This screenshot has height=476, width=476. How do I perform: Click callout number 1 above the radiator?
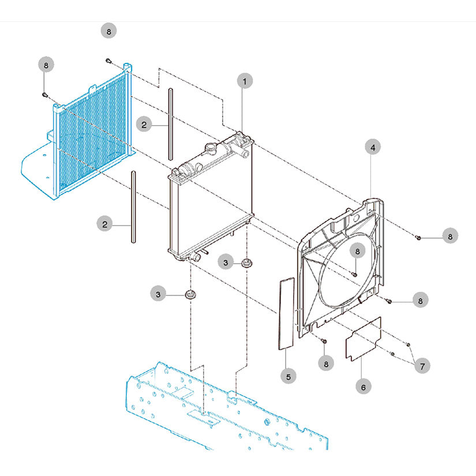pyautogui.click(x=244, y=82)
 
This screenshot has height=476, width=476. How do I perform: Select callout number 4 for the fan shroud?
pyautogui.click(x=373, y=148)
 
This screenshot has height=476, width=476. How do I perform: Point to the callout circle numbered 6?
pyautogui.click(x=363, y=387)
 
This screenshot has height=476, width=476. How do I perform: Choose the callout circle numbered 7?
pyautogui.click(x=422, y=366)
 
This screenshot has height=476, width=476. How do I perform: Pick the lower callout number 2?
pyautogui.click(x=105, y=224)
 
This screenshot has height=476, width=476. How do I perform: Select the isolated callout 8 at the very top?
pyautogui.click(x=108, y=31)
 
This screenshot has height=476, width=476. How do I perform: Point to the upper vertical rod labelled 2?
pyautogui.click(x=170, y=123)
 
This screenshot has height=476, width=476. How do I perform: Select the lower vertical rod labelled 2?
pyautogui.click(x=133, y=208)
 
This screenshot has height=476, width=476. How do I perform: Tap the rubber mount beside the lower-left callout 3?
pyautogui.click(x=190, y=295)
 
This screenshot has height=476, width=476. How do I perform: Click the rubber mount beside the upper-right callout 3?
pyautogui.click(x=248, y=264)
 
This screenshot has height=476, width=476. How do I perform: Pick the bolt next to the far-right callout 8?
pyautogui.click(x=418, y=237)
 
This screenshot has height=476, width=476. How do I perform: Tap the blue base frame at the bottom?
pyautogui.click(x=231, y=415)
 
